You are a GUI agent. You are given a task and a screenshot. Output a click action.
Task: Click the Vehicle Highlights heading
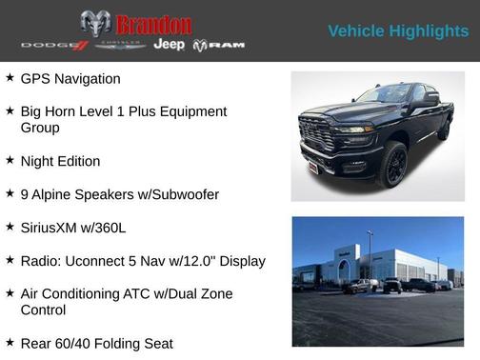(x=398, y=31)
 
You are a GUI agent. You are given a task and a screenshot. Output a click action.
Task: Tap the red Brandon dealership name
(x=153, y=24)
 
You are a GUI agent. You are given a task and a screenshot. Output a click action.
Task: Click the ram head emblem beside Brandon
(x=95, y=24)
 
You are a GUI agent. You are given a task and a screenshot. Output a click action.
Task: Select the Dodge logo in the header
(x=54, y=46)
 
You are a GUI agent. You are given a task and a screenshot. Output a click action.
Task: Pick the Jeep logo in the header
(x=170, y=45)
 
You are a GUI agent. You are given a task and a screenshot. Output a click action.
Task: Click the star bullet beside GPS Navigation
(x=10, y=78)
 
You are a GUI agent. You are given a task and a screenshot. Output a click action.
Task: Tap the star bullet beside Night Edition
(x=10, y=161)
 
